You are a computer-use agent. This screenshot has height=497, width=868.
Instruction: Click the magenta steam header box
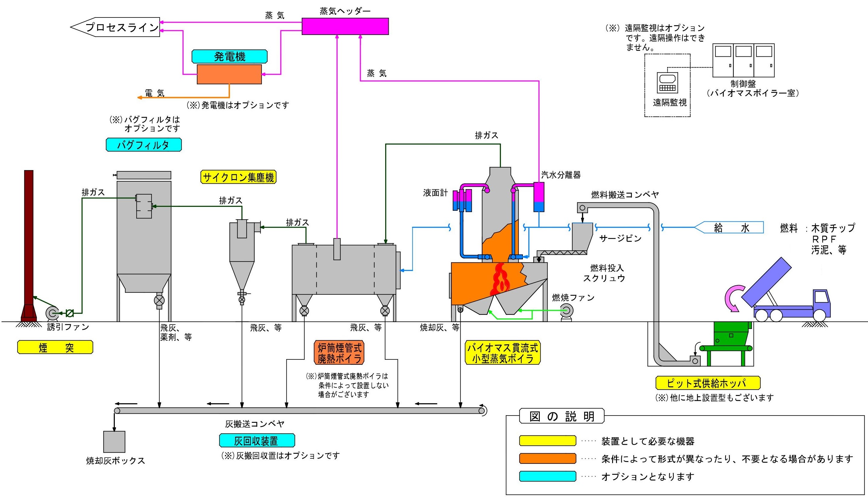345,26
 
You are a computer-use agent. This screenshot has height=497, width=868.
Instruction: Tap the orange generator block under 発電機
229,74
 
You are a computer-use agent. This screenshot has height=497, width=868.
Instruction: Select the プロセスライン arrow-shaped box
115,27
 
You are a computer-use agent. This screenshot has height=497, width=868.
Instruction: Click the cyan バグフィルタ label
143,145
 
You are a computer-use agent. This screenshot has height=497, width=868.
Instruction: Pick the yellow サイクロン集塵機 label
238,177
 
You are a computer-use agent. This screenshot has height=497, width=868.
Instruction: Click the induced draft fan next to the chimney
52,313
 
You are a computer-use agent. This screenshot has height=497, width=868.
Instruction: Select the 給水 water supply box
729,228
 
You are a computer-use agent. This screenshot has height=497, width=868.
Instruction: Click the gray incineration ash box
114,442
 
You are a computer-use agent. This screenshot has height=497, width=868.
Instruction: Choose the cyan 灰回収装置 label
257,441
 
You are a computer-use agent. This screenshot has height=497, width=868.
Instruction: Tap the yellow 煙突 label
55,347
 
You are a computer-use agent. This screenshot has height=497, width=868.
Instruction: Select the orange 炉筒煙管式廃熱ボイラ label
339,353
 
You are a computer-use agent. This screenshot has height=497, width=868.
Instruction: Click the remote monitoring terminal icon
667,82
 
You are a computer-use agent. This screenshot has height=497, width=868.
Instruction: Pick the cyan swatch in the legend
547,476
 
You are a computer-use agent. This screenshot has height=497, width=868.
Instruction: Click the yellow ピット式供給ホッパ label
708,383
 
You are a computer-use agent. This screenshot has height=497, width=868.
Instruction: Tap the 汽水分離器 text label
561,175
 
